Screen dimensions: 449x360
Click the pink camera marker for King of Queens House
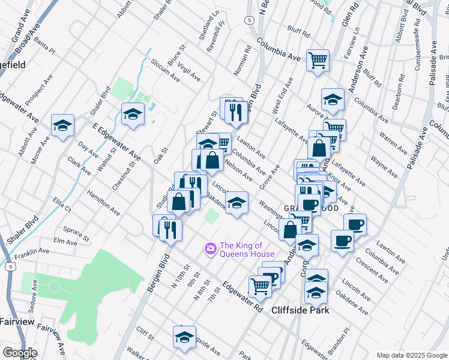click(211, 248)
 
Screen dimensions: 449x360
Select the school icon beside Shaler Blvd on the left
click(62, 125)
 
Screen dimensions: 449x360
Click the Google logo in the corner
click(19, 352)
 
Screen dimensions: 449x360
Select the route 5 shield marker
click(248, 20)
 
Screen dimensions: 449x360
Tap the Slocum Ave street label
click(166, 70)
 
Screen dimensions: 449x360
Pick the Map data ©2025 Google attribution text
click(411, 355)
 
